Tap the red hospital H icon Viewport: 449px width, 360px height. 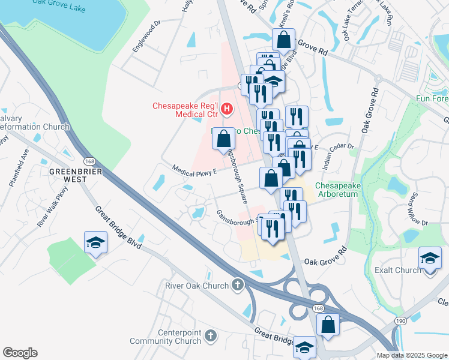(227, 109)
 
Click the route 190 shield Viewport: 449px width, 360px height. (400, 322)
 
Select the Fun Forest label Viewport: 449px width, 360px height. (432, 98)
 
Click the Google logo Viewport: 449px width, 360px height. (20, 353)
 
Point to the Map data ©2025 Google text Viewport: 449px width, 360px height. (412, 355)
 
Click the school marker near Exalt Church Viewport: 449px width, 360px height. (430, 260)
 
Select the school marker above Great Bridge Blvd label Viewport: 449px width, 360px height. (95, 242)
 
